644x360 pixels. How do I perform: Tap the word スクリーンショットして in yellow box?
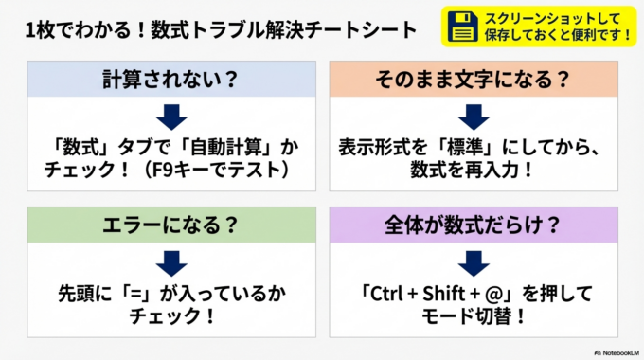tap(538, 17)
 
